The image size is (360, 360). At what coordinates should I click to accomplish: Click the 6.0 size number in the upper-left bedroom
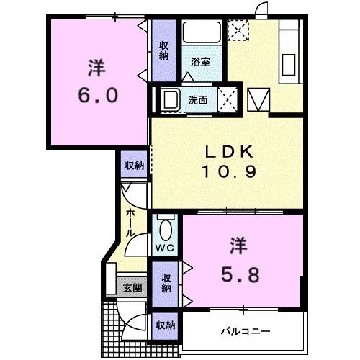coord(98,96)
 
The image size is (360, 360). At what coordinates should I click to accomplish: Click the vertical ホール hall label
coord(130,223)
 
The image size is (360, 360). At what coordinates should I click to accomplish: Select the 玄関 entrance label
coord(131,288)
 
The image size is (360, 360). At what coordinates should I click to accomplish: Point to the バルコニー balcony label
coord(245,331)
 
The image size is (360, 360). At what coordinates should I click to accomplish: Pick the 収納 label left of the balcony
coord(166,325)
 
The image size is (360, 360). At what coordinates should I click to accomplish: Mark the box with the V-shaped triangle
coord(258,99)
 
